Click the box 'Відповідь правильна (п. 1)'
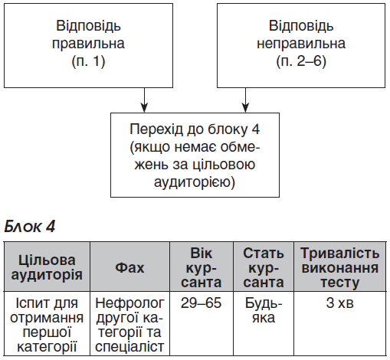coord(88,46)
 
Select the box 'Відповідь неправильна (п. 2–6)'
coord(301,46)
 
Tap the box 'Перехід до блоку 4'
coord(195,155)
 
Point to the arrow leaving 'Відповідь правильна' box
coord(145,100)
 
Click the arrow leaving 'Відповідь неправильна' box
coord(245,100)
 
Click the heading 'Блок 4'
coord(30,226)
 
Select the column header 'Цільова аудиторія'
coord(47,267)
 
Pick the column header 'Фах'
coord(129,268)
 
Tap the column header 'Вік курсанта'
coord(202,267)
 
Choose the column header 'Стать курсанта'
coord(264,267)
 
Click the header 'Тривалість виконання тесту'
coord(340,267)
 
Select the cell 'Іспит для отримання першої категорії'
coord(47,325)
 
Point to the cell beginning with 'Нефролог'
coord(129,325)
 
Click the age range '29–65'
coord(201,303)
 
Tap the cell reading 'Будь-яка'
coord(264,310)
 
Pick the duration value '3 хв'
coord(339,303)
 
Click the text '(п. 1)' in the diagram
coord(88,61)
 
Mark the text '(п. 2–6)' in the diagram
coord(301,61)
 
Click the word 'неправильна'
coord(301,44)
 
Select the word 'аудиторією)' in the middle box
coord(195,182)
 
